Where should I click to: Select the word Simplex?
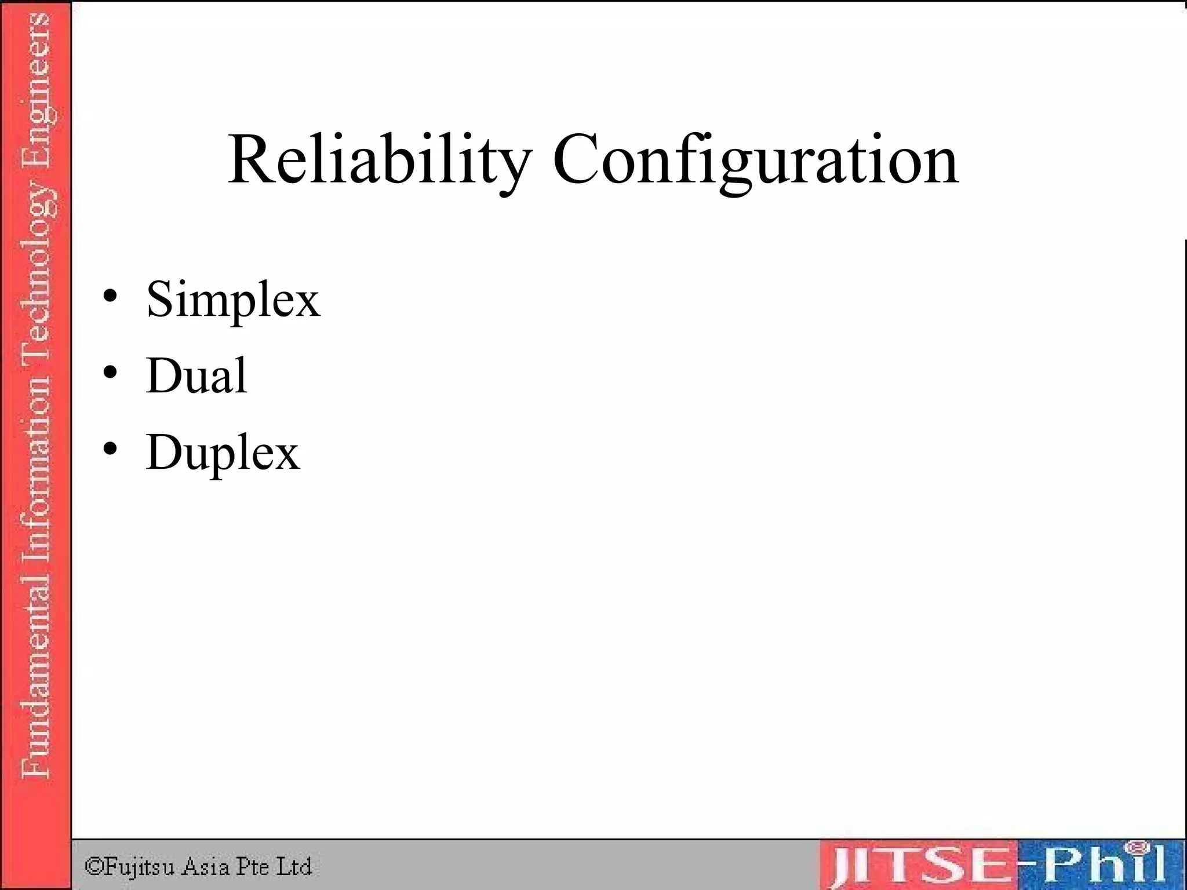(233, 300)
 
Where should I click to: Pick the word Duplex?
(223, 453)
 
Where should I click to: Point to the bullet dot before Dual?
(110, 373)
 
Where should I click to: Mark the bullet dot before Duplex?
(110, 450)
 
